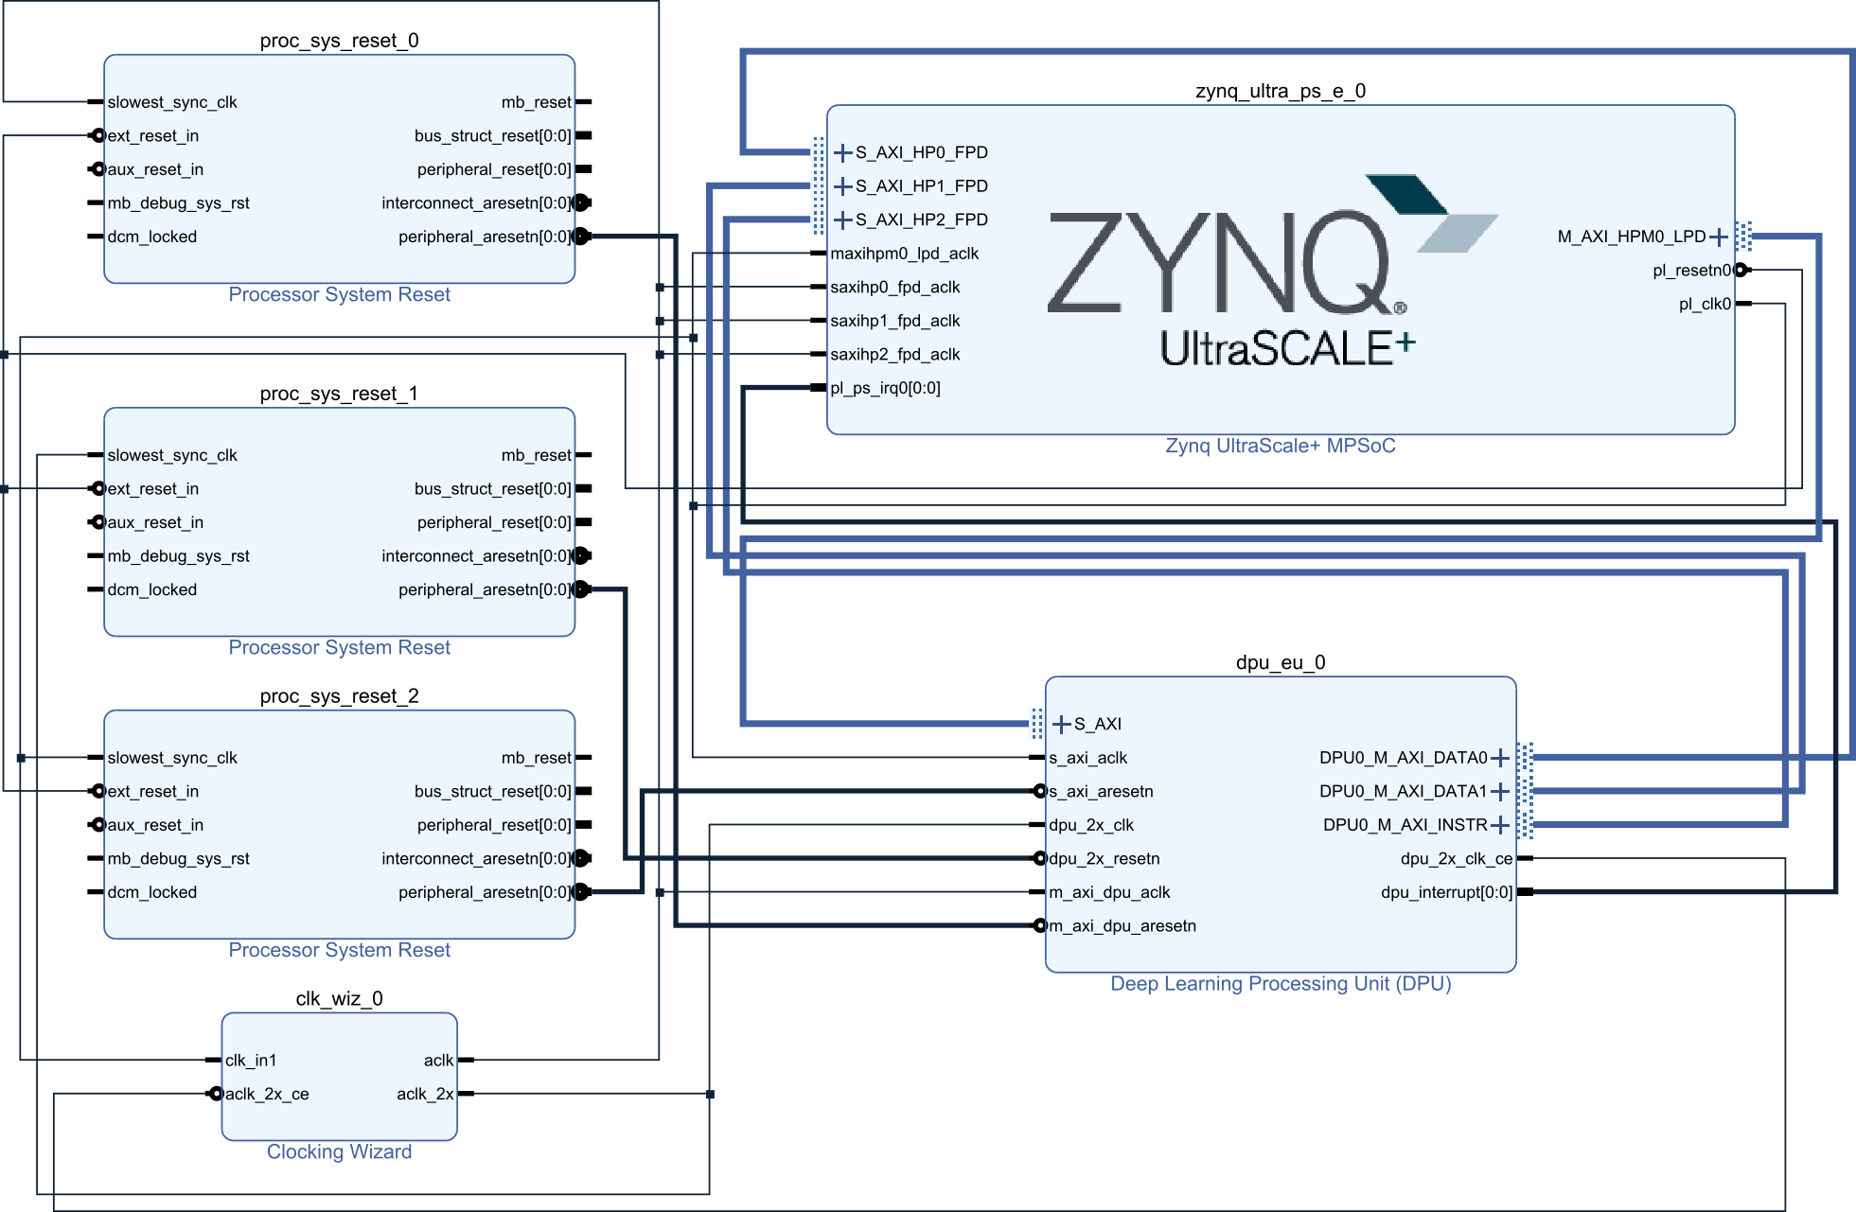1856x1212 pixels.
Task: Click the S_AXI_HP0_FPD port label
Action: (x=921, y=152)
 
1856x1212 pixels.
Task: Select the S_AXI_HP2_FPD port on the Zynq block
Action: (x=921, y=220)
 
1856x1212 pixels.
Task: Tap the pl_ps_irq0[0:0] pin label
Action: (x=885, y=388)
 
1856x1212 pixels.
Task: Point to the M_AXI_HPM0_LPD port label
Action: (x=1631, y=237)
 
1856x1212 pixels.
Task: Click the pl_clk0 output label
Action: (x=1705, y=304)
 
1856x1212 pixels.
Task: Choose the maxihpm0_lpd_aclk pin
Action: (x=904, y=254)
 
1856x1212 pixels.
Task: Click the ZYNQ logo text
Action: (x=1221, y=263)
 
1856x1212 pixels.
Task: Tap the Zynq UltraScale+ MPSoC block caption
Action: (x=1280, y=446)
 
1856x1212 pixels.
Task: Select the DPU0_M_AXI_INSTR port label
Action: (x=1405, y=825)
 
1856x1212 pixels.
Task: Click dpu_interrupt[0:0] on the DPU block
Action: (x=1446, y=892)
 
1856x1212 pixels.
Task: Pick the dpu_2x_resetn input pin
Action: (x=1104, y=859)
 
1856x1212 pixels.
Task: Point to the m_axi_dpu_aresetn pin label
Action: (x=1122, y=926)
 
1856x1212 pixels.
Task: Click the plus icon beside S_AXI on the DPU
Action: (x=1062, y=725)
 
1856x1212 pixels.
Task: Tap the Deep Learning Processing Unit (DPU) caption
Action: (x=1280, y=984)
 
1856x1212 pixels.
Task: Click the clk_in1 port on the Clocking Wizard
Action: (x=251, y=1061)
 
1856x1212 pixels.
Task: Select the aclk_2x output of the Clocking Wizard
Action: (x=425, y=1095)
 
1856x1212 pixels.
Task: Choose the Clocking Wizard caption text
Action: (x=339, y=1151)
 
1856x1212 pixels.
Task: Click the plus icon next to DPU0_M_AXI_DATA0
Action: (x=1500, y=758)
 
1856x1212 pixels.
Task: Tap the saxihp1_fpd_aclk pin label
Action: (x=894, y=321)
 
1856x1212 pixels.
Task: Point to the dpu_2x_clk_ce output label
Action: (x=1456, y=859)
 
